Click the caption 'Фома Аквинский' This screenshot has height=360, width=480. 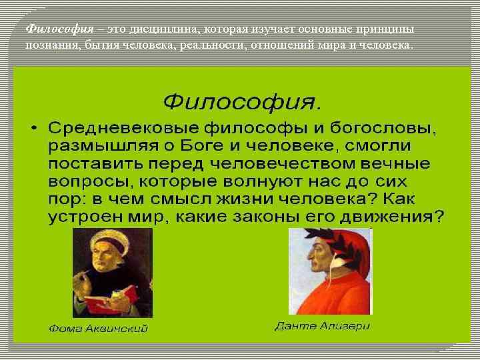pos(99,329)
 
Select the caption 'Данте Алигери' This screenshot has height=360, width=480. pos(322,327)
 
